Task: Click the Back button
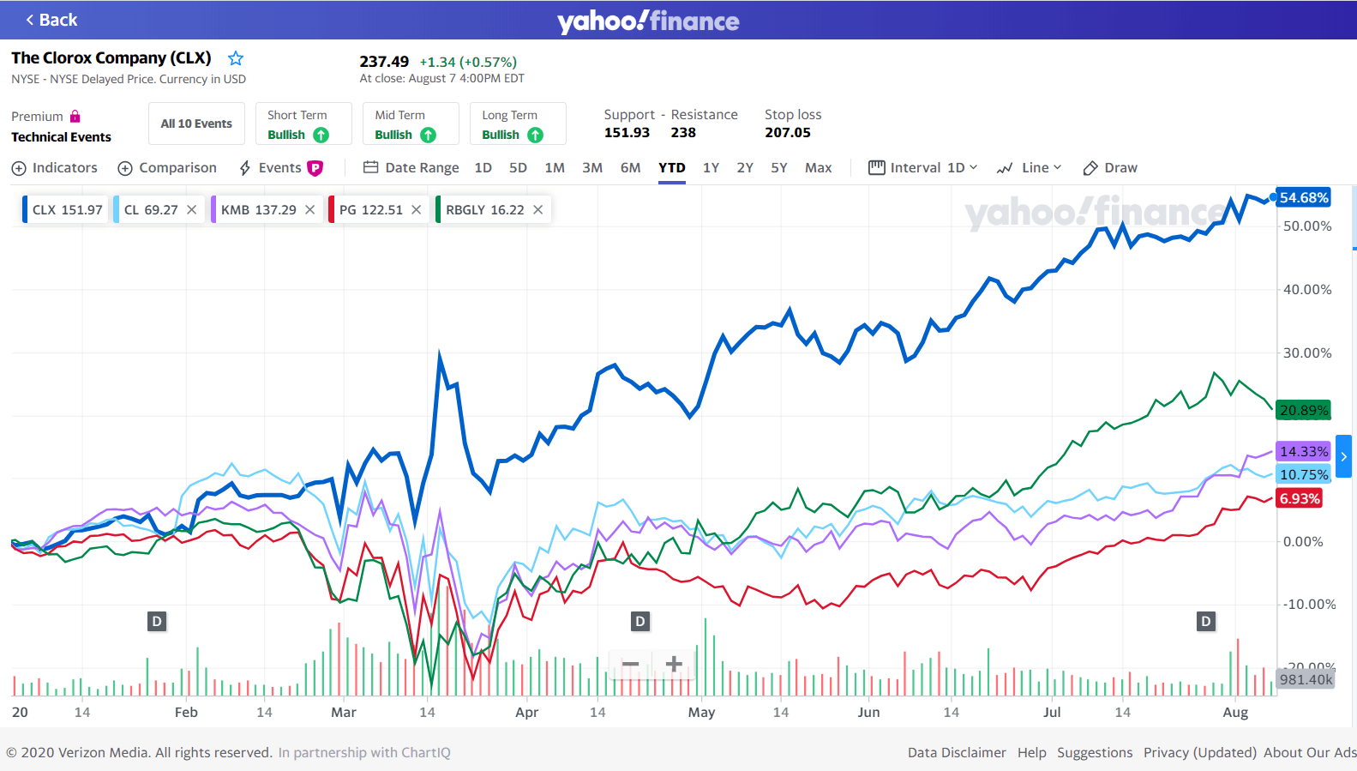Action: click(51, 20)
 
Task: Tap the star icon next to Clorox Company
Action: click(236, 58)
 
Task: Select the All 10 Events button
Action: click(196, 123)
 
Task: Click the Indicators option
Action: click(55, 168)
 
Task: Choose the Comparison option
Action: click(167, 168)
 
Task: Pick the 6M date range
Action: click(630, 168)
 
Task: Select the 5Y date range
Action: click(778, 168)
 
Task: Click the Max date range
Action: click(818, 168)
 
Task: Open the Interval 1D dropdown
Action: click(923, 168)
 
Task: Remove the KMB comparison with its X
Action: click(310, 210)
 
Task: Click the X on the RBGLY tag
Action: click(538, 210)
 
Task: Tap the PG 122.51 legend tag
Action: click(370, 210)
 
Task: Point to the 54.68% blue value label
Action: click(1303, 198)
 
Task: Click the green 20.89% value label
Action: click(1303, 411)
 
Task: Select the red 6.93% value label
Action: click(1300, 499)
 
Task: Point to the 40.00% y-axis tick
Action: click(1306, 290)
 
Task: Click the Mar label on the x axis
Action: click(344, 713)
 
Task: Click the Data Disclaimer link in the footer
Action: click(957, 753)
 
